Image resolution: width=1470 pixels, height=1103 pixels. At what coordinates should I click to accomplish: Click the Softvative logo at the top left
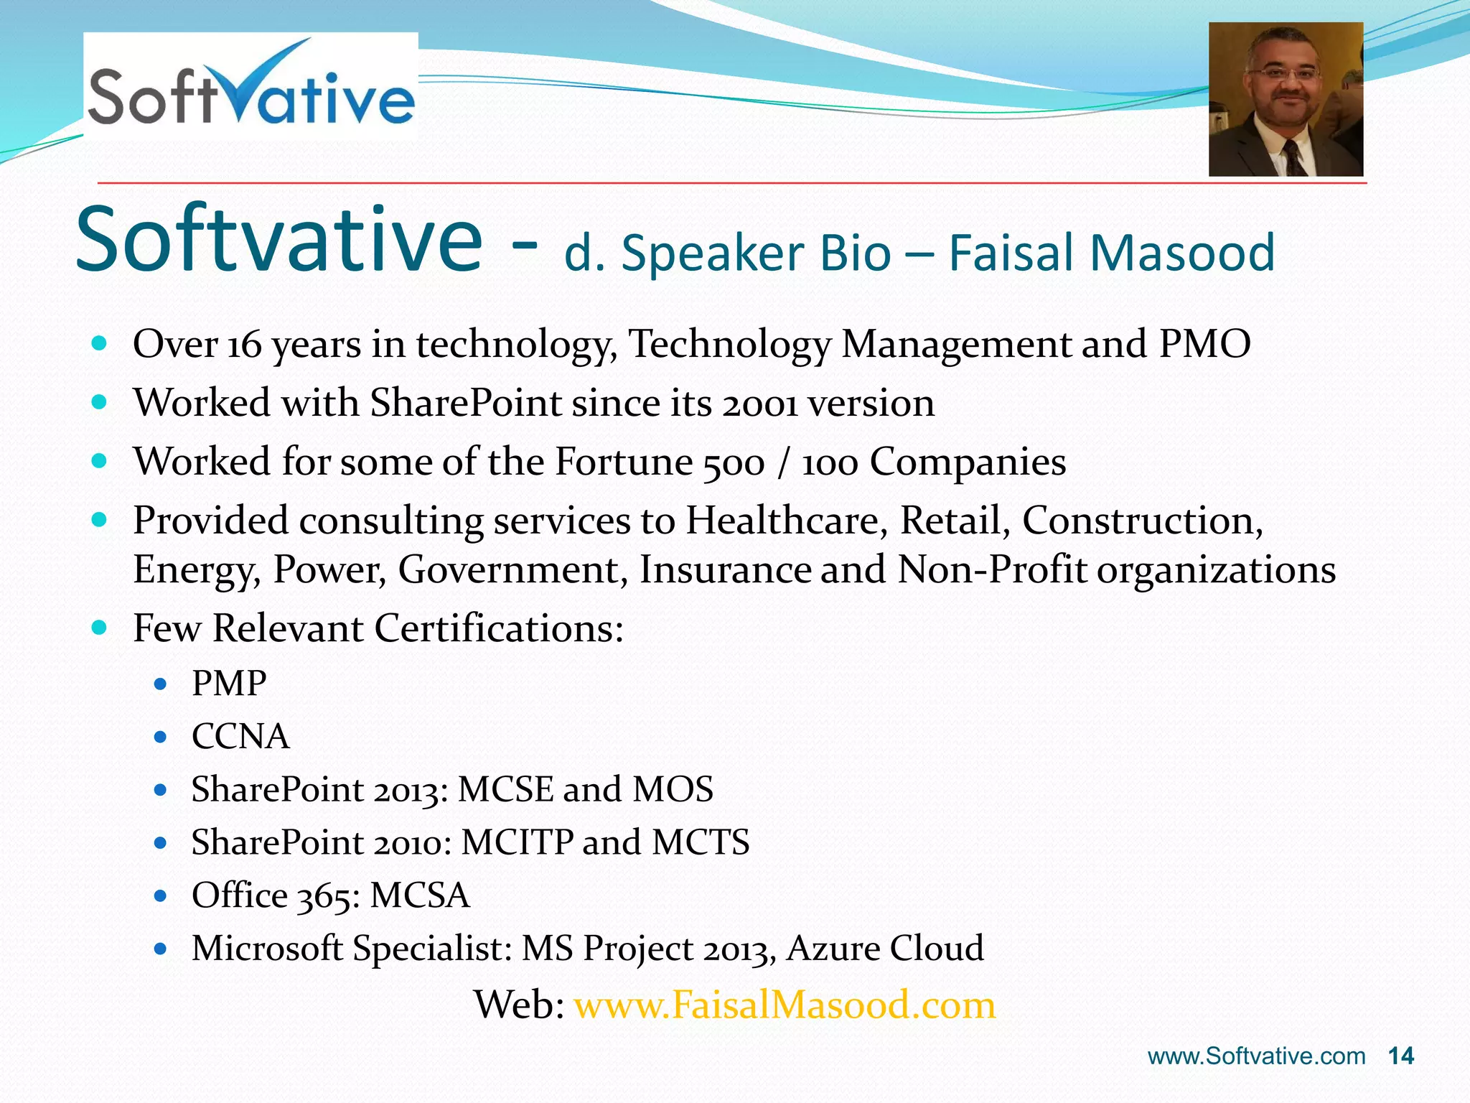click(x=251, y=86)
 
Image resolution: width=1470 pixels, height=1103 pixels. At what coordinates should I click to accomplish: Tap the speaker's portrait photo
click(x=1286, y=99)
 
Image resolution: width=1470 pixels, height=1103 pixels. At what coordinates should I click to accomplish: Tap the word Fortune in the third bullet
click(x=623, y=462)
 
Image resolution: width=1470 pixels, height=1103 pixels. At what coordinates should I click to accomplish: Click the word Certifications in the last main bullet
click(x=499, y=628)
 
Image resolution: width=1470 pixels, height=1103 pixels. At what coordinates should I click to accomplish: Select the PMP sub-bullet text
click(x=229, y=683)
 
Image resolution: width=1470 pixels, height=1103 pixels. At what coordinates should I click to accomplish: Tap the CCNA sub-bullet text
click(x=240, y=736)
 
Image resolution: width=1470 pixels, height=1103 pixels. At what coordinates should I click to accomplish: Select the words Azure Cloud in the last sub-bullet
click(x=885, y=948)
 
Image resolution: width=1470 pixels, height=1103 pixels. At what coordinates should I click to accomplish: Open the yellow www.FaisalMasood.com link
click(x=785, y=1005)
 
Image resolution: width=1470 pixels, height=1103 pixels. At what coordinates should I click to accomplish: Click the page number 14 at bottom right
click(x=1400, y=1056)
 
